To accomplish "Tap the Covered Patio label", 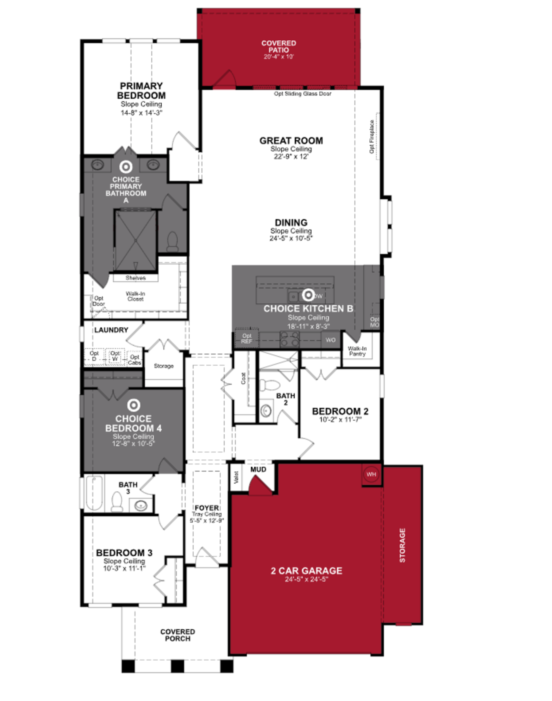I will (279, 47).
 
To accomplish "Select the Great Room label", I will (291, 141).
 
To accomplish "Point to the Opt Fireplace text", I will (372, 137).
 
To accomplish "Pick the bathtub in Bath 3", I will (94, 493).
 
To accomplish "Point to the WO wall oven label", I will (330, 340).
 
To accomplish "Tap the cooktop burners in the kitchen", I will (290, 339).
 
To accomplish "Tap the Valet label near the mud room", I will (236, 477).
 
